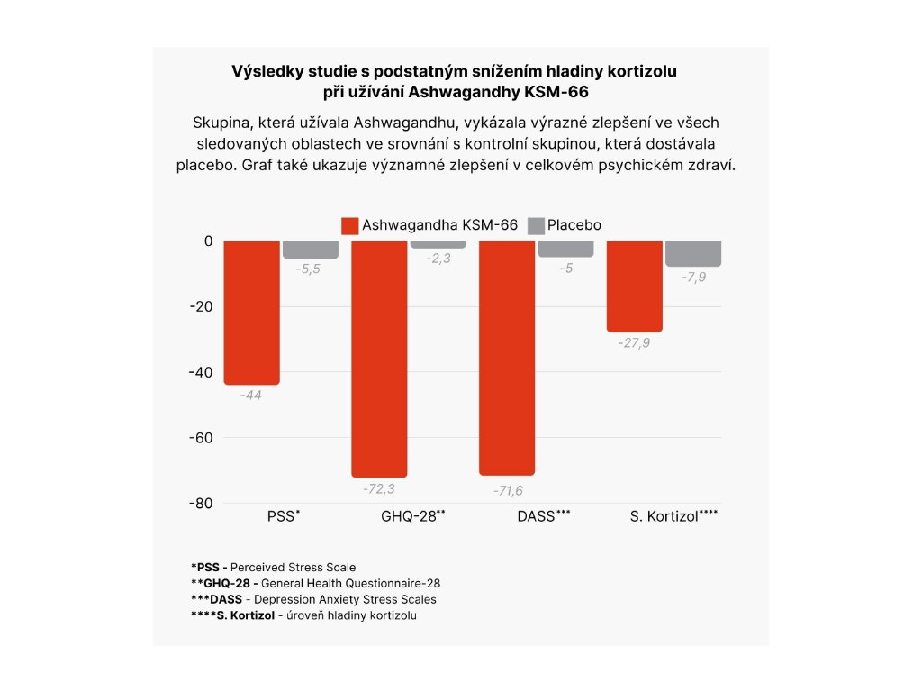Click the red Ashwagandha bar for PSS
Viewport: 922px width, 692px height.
(251, 313)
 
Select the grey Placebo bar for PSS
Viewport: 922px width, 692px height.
(311, 250)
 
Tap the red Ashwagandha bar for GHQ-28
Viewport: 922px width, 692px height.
(379, 359)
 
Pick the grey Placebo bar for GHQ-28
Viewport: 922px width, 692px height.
(438, 245)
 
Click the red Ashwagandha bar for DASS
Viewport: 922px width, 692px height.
(506, 358)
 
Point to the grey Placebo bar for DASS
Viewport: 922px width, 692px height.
(566, 249)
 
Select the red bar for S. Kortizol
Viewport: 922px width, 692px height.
(634, 287)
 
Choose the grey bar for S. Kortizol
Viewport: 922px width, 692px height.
(693, 253)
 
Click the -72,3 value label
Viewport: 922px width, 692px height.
(379, 489)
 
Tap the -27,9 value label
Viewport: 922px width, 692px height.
(634, 343)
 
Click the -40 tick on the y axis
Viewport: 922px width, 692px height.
(200, 372)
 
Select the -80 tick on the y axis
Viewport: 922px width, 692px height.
(200, 503)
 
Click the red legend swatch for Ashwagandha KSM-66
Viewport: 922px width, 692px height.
(349, 225)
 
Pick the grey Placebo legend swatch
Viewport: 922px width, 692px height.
(536, 225)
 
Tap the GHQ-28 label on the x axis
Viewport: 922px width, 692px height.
(410, 517)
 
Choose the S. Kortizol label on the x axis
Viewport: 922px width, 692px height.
(673, 517)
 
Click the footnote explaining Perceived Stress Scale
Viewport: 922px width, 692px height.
(273, 568)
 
